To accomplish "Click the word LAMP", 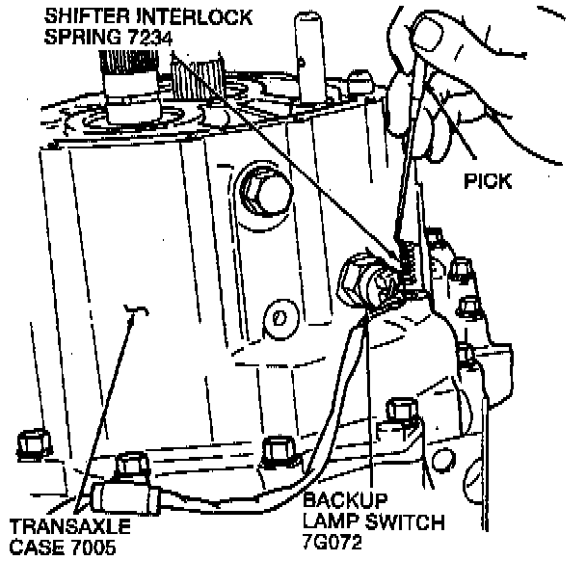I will (x=330, y=523).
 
